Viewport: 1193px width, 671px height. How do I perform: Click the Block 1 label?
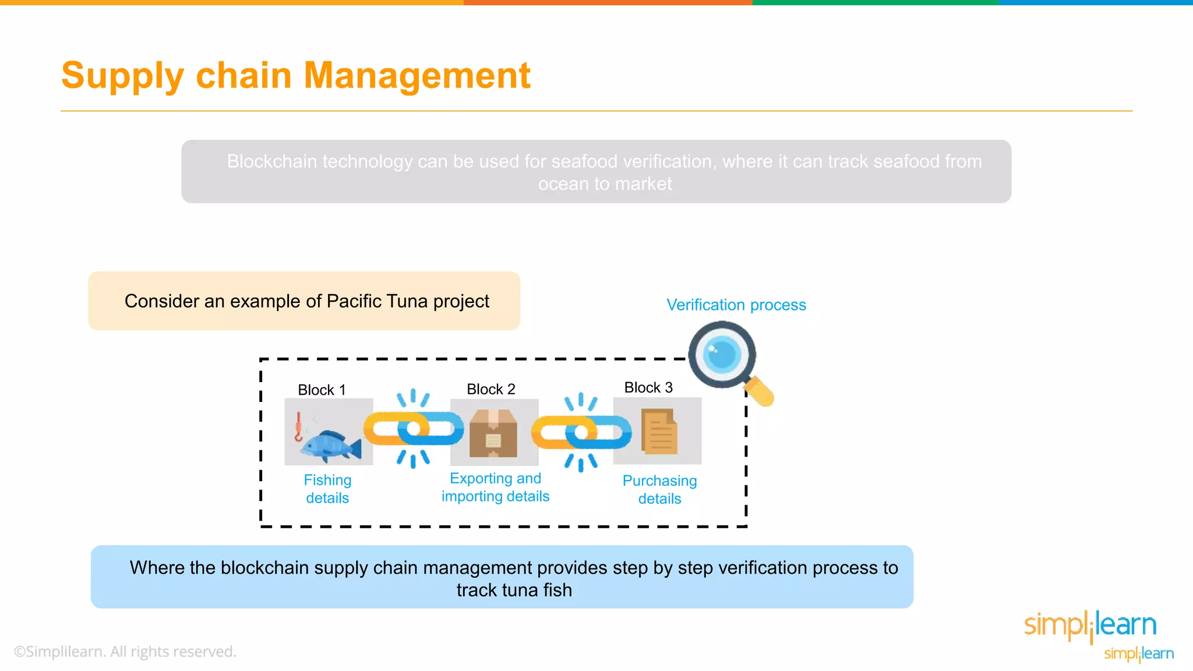(x=322, y=390)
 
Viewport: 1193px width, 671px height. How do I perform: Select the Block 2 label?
(x=491, y=389)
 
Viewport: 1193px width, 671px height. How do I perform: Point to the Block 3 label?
(x=648, y=387)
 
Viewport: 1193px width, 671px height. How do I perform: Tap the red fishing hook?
(x=298, y=428)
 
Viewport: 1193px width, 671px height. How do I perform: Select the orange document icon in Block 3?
(x=659, y=432)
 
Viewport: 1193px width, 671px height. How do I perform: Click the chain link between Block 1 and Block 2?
(x=413, y=429)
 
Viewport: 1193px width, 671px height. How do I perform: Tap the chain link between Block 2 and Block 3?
(x=581, y=432)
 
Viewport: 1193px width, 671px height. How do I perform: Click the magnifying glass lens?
(x=722, y=354)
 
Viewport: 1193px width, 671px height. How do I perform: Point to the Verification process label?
(x=736, y=305)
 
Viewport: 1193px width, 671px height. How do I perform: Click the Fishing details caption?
(x=327, y=489)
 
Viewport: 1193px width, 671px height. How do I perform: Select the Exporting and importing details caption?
(x=495, y=487)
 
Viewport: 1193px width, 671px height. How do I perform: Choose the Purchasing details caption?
(x=659, y=489)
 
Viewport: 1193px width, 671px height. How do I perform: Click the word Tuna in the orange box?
(x=406, y=301)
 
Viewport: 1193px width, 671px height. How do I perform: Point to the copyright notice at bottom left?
(x=125, y=651)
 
